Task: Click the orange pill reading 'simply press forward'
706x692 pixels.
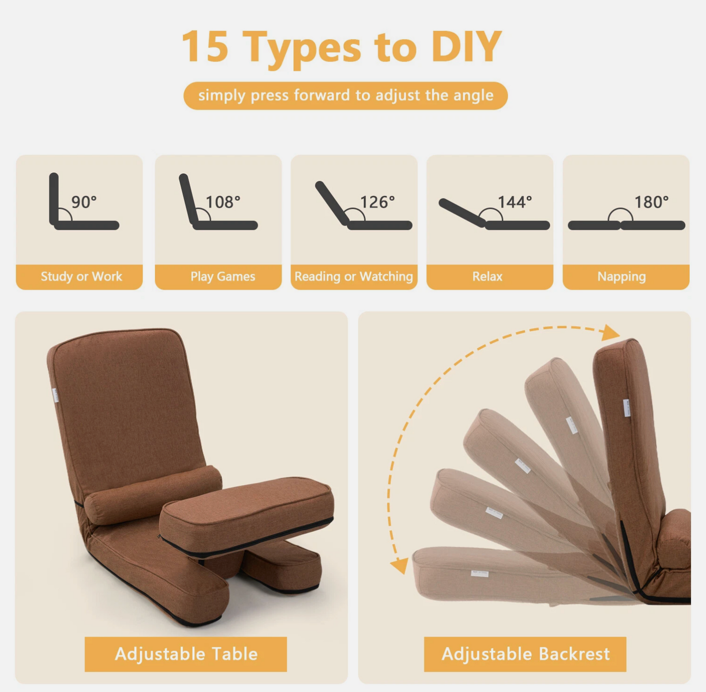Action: point(345,96)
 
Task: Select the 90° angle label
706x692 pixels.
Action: point(84,202)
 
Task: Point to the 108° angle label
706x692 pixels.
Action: point(223,202)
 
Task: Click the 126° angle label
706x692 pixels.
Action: point(378,202)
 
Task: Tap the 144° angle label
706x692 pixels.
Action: point(515,202)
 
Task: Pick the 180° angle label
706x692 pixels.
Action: point(651,202)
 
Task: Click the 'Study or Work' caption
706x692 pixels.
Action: point(81,276)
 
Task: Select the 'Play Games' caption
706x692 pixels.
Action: point(223,276)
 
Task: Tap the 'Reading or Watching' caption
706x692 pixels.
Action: point(354,276)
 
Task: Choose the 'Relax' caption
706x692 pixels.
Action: point(487,276)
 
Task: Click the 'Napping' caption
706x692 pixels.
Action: point(622,277)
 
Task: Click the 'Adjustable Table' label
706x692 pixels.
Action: point(186,654)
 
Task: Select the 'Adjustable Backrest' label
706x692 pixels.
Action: point(526,654)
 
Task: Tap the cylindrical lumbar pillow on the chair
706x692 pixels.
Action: point(153,494)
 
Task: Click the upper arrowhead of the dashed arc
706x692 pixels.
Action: point(611,333)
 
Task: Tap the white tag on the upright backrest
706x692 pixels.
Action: point(626,407)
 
